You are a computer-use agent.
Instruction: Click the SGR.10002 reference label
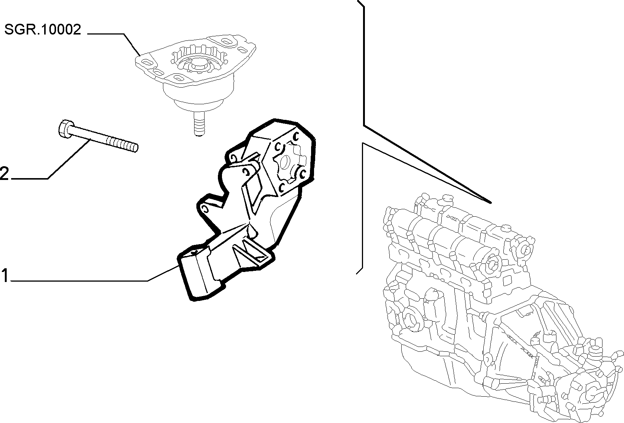coord(43,29)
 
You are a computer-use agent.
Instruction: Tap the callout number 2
coord(4,174)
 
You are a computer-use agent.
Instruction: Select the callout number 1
coord(5,275)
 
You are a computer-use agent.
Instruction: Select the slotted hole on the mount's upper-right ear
coord(228,42)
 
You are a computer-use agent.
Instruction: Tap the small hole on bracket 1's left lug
coord(205,209)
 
